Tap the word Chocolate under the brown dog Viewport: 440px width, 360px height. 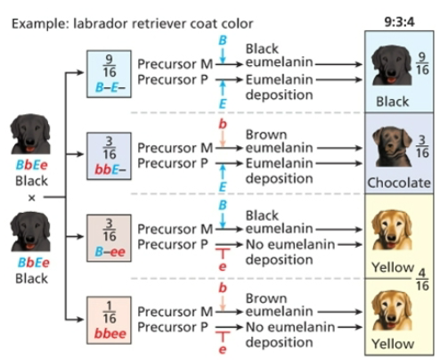pos(398,183)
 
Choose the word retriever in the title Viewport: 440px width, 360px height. pos(148,19)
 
